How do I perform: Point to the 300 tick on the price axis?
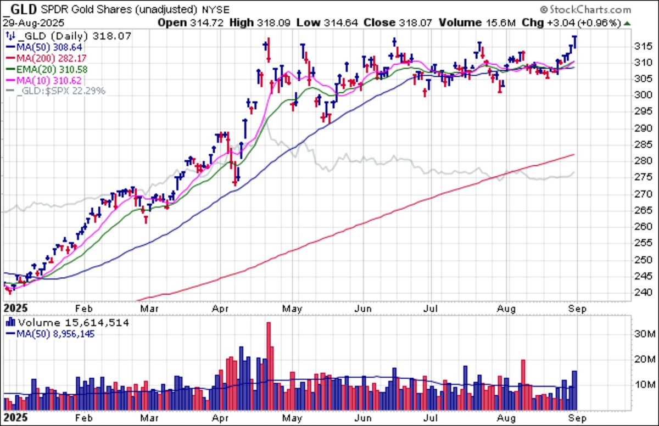643,95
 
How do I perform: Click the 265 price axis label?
643,210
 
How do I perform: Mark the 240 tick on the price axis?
643,293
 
